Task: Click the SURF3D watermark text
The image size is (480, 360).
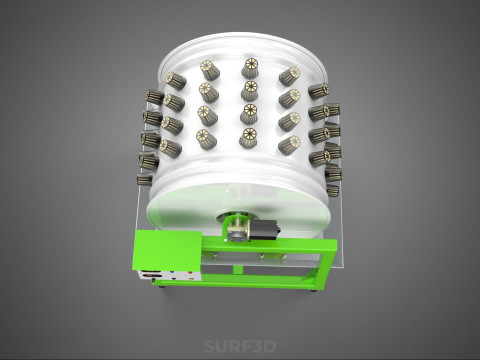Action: (240, 346)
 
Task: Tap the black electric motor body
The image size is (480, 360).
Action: (262, 229)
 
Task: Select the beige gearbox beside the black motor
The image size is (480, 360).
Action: (236, 228)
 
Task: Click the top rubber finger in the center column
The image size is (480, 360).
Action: (250, 67)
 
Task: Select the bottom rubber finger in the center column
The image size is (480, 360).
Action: (249, 138)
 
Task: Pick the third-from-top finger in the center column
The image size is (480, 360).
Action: (249, 114)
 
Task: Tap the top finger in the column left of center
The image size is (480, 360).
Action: (209, 70)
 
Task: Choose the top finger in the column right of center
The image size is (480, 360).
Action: (290, 76)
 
